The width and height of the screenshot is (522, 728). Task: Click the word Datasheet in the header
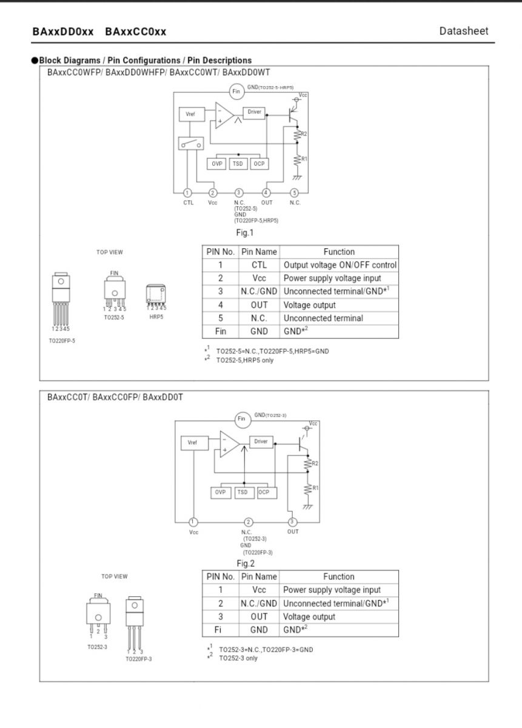pos(464,31)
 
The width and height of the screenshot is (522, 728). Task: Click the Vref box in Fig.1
pos(192,114)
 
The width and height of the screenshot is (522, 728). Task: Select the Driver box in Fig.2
pos(261,442)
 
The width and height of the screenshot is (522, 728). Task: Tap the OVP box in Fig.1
pos(216,163)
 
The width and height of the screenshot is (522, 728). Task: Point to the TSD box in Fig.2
pos(242,493)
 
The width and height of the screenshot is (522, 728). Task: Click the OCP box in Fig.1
pos(259,163)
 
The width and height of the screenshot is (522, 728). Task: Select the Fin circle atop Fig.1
pos(236,92)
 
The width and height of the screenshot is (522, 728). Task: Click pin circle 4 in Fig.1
pos(266,193)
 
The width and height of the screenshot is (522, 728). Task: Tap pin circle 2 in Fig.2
pos(248,522)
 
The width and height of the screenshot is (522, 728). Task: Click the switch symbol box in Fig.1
pos(191,143)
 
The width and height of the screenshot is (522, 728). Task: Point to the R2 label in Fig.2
pos(315,463)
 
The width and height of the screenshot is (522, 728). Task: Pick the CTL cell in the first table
pos(259,265)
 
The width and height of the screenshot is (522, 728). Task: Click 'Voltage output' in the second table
pos(309,616)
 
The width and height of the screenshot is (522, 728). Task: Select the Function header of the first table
pos(339,252)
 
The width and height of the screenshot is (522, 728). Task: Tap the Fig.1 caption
pos(244,233)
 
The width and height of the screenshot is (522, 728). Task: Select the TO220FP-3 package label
pos(139,659)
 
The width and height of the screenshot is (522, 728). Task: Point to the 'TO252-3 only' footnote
pos(238,658)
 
